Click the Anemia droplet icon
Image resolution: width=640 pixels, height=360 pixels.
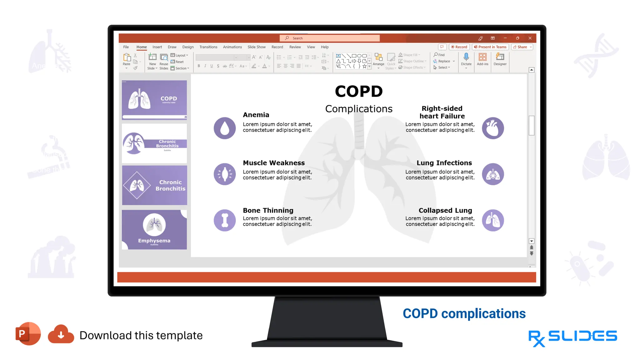(225, 128)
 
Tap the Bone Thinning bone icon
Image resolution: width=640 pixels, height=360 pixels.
(225, 220)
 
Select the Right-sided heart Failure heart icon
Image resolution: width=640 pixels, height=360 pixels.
(493, 128)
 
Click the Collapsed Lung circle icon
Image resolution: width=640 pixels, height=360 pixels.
(493, 220)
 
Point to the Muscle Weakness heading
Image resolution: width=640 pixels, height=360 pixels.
(274, 163)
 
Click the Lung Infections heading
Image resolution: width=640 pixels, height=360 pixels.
(444, 163)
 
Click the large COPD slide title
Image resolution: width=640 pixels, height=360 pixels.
(359, 92)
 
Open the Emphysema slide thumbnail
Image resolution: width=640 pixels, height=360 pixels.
(154, 230)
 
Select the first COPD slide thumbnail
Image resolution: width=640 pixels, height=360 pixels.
(154, 100)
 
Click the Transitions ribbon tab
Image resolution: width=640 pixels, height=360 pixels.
(208, 47)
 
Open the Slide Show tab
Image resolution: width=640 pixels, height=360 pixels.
(257, 47)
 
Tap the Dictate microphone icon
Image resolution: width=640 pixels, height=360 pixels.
(466, 57)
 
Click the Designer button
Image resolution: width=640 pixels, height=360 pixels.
(500, 59)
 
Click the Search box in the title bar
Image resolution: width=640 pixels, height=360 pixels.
(330, 38)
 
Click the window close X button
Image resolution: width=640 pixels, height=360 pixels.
(530, 38)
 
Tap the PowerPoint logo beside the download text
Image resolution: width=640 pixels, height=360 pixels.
(28, 333)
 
